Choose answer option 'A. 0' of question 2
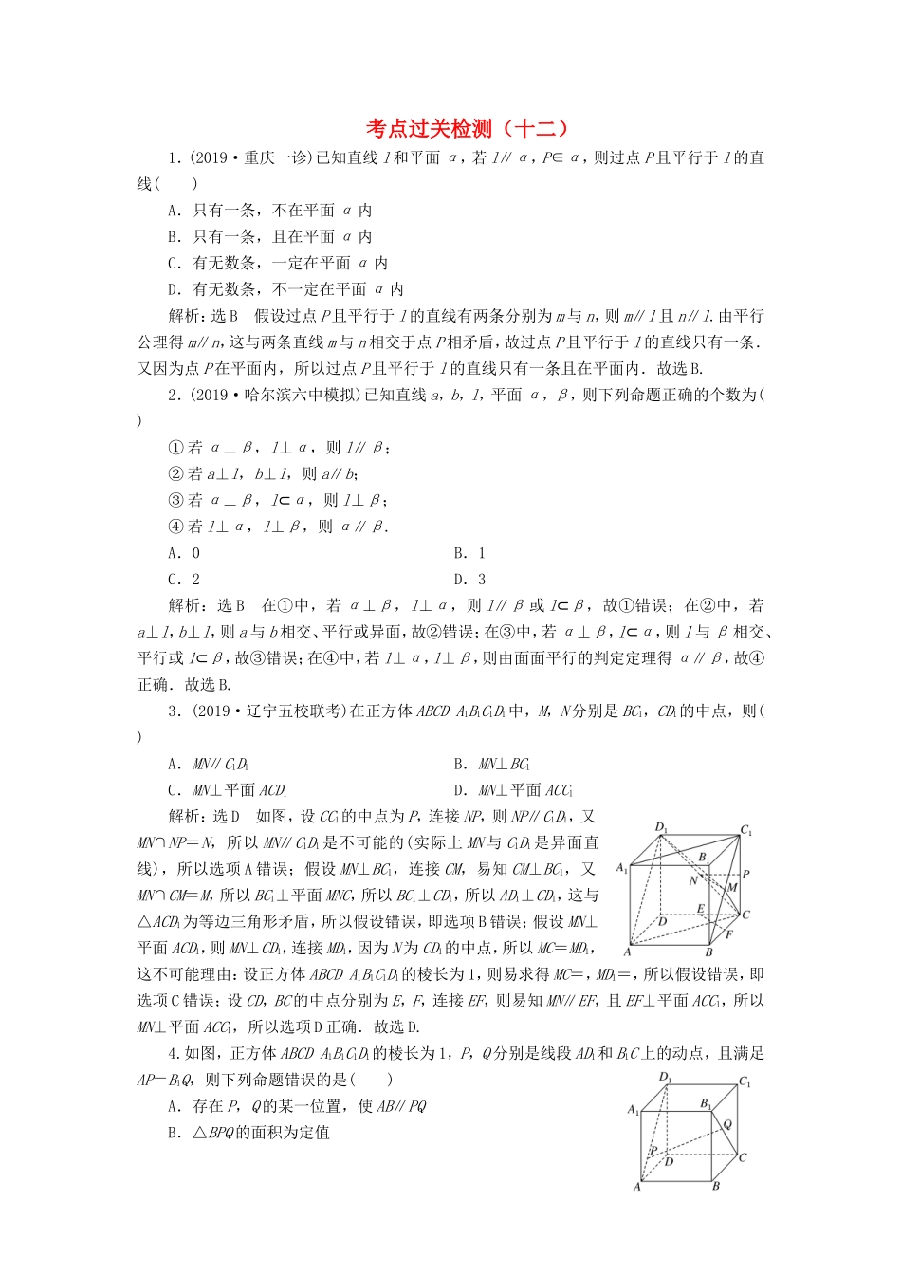[184, 553]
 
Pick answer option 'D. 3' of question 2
[469, 580]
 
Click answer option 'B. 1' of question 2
[469, 553]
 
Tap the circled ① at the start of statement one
[175, 448]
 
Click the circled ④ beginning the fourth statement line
[175, 527]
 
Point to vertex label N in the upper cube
[693, 880]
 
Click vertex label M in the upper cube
[732, 888]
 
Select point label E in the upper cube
[701, 909]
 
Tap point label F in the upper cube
[728, 934]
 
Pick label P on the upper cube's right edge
[746, 874]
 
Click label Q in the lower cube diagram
[727, 1124]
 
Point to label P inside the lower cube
[653, 1150]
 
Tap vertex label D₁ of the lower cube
[665, 1077]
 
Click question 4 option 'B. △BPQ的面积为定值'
[248, 1132]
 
